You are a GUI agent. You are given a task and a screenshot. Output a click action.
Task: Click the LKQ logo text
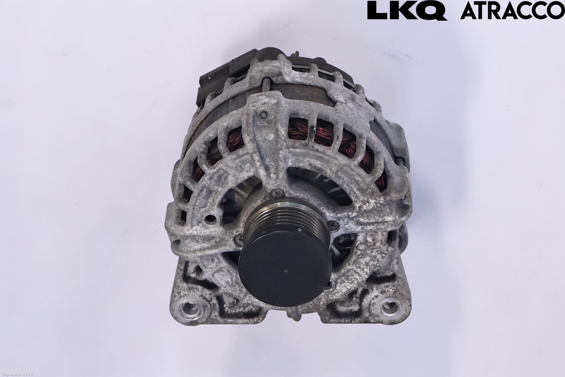[x=407, y=11]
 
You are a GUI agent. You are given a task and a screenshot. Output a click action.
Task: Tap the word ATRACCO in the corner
[x=512, y=11]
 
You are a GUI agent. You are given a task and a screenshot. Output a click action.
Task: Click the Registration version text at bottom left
[x=16, y=374]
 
